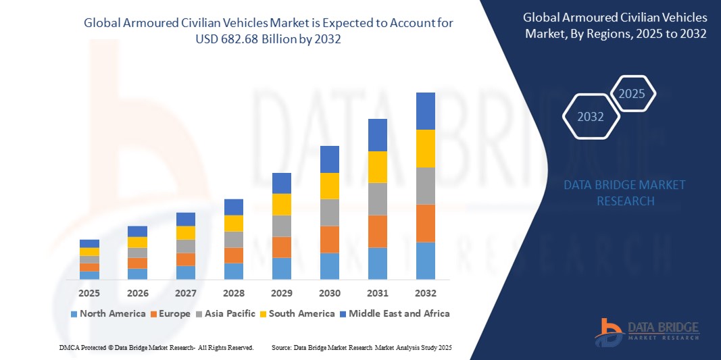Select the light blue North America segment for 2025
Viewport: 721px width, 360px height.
(89, 275)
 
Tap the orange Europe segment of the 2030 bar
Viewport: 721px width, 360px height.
(329, 239)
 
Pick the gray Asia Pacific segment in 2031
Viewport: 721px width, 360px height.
(377, 199)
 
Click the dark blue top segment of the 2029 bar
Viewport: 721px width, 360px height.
(281, 183)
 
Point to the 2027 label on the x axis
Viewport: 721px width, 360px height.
(185, 293)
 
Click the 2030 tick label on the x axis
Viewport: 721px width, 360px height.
(329, 293)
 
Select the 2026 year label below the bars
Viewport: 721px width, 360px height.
(137, 293)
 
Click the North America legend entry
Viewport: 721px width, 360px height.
(107, 313)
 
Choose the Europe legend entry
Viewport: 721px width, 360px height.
(170, 313)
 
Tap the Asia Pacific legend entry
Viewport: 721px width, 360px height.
(226, 313)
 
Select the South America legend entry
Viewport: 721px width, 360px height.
(297, 313)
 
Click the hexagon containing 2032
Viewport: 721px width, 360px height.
(591, 117)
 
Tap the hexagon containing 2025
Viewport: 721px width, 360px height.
(632, 94)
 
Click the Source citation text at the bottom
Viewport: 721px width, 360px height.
(362, 347)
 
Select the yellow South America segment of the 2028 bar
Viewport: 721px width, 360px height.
(233, 224)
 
